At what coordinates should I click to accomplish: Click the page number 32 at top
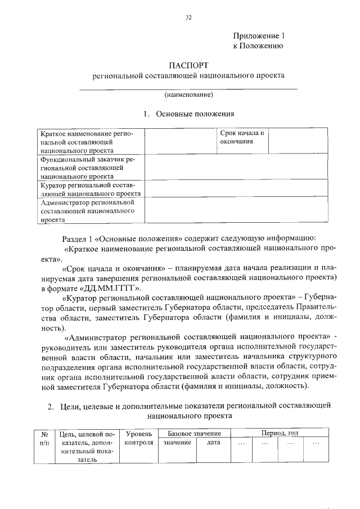[188, 17]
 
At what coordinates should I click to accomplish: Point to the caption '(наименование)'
[188, 94]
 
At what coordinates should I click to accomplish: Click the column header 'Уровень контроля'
[138, 438]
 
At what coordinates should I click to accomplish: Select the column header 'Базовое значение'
[190, 433]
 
